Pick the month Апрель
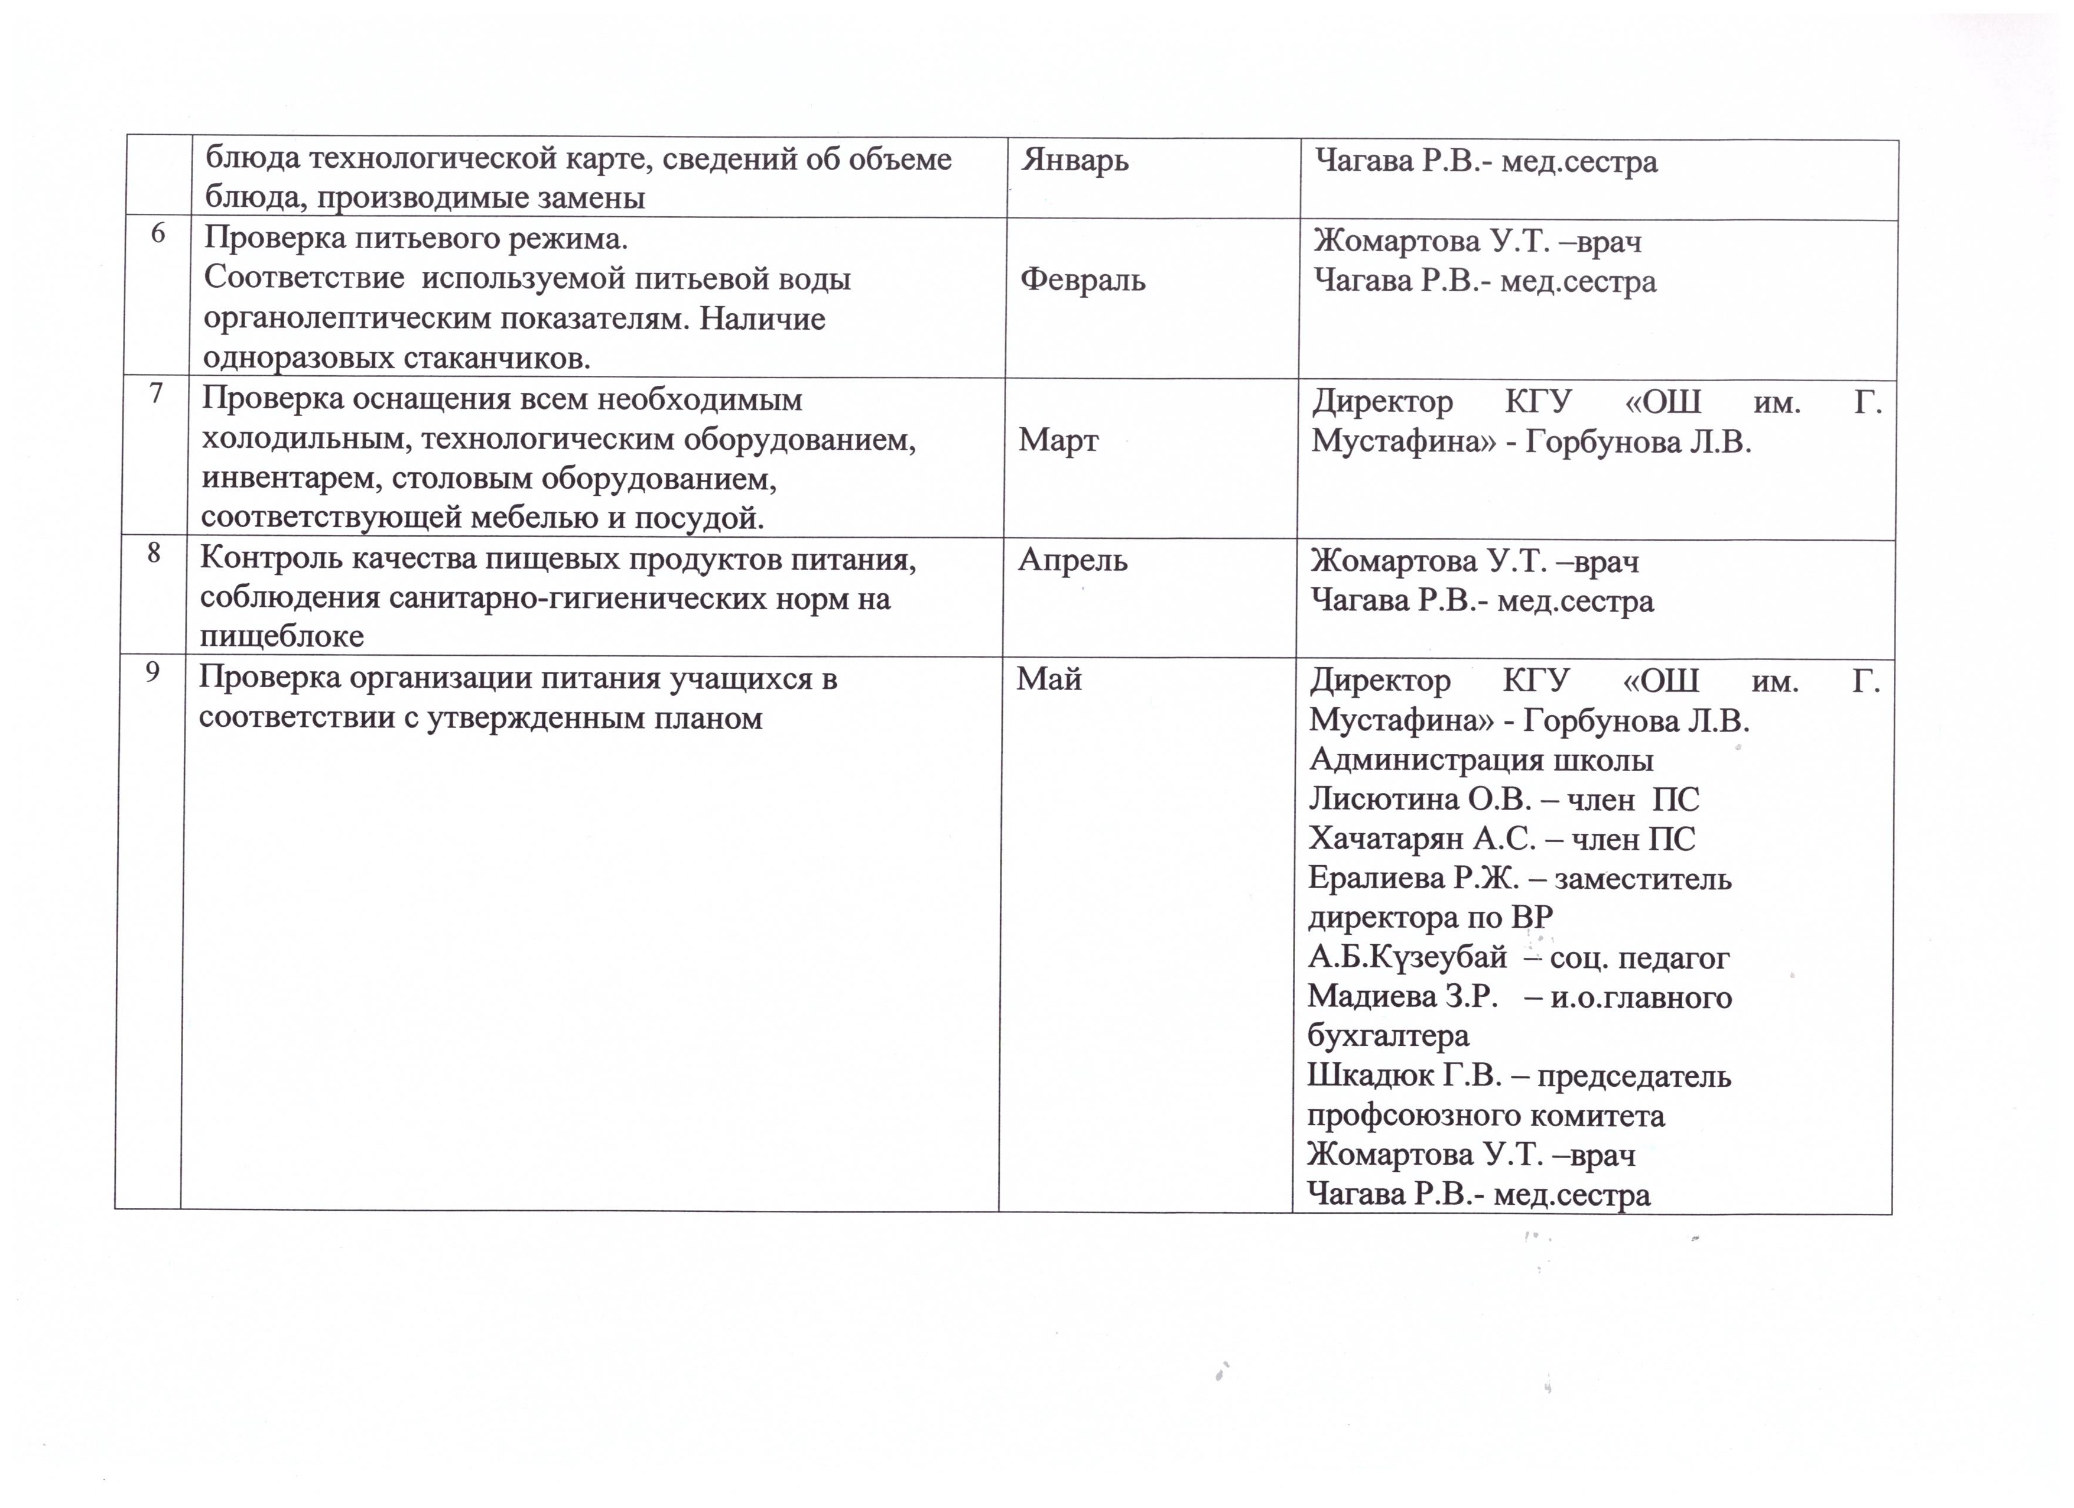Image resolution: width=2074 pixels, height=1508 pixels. [x=1072, y=560]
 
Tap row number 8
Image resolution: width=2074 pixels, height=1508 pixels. [x=154, y=553]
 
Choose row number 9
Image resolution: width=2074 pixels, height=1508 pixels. [x=152, y=672]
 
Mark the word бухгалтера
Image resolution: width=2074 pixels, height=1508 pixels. [x=1388, y=1036]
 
